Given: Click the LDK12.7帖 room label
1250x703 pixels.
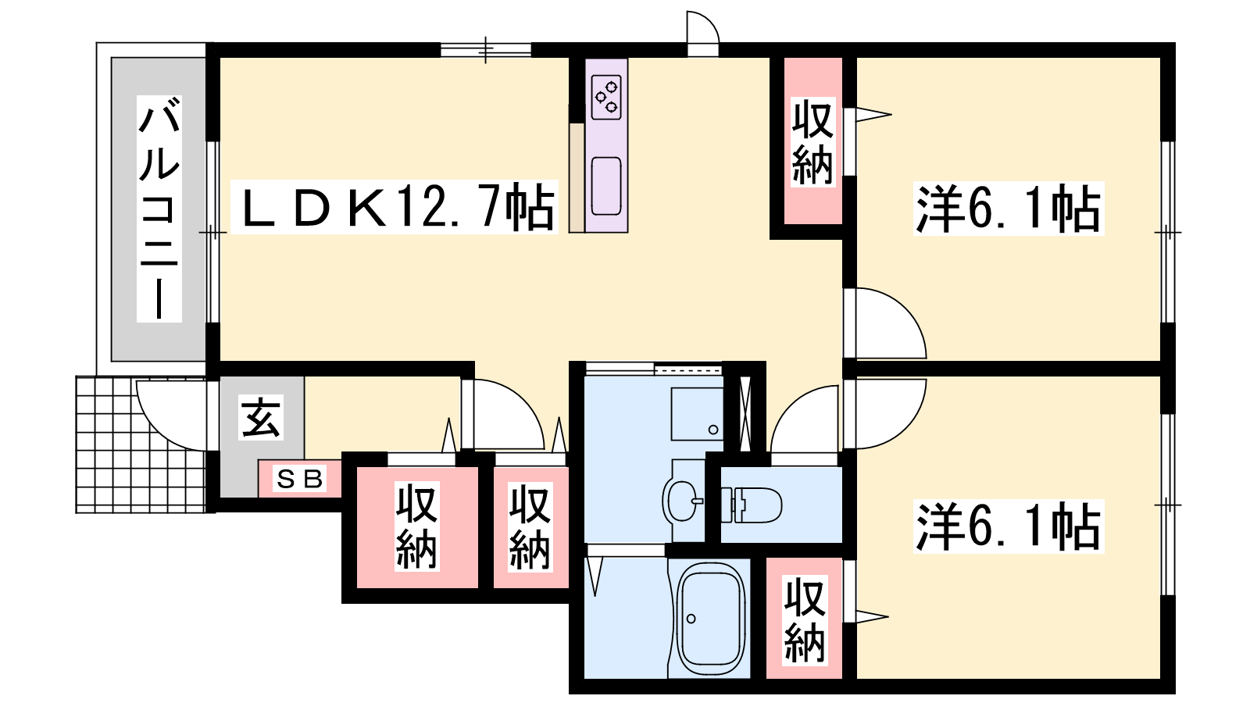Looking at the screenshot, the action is (395, 206).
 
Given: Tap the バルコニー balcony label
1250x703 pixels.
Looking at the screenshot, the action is (159, 208).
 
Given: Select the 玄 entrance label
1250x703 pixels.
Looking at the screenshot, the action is (261, 417).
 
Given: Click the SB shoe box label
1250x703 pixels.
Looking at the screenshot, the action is (300, 480).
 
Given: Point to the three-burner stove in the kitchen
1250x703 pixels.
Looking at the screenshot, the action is (606, 97).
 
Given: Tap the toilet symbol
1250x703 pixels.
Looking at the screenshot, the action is (751, 505).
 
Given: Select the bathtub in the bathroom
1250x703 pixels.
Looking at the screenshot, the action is (710, 619).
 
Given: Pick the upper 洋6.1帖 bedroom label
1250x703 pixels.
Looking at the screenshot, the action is (1008, 209).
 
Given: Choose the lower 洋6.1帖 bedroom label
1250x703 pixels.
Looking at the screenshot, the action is (1008, 526).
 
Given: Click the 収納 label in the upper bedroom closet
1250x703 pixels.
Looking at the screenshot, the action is (812, 142).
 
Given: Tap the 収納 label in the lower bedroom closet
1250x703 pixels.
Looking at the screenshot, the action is (804, 620).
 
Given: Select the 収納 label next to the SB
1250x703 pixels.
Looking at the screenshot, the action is (417, 526).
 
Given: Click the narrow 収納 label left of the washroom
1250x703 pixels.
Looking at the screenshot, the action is (530, 527).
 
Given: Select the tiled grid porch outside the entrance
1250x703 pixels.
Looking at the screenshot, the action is (141, 444).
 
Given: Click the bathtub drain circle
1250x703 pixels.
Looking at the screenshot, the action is (691, 619).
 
